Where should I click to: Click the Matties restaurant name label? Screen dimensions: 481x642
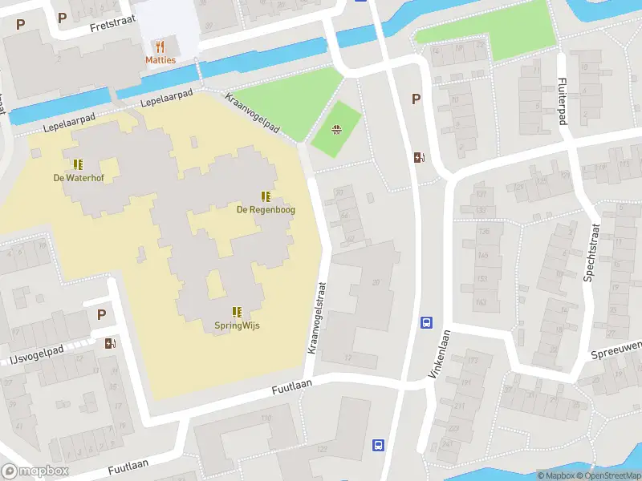click(160, 60)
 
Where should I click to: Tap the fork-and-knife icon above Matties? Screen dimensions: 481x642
click(160, 46)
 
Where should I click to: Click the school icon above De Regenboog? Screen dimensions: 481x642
click(265, 196)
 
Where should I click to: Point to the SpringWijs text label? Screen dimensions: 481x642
click(237, 325)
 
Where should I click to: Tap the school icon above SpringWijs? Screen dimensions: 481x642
click(237, 312)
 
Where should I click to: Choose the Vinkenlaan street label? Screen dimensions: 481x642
click(441, 354)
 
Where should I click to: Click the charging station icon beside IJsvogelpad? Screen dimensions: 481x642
click(110, 343)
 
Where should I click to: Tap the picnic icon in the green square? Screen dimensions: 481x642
click(337, 127)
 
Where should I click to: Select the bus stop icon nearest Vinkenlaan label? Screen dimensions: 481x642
click(426, 323)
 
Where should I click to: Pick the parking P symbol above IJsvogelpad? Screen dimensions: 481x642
click(101, 315)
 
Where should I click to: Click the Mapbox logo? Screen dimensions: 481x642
click(35, 471)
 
